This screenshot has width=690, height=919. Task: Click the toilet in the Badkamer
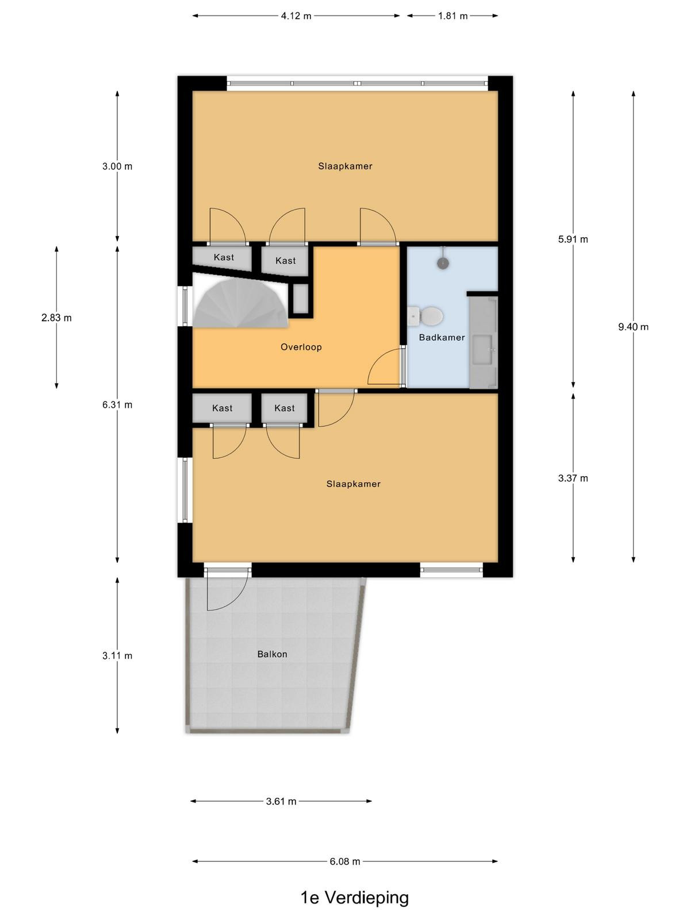click(425, 316)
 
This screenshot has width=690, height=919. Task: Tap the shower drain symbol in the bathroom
click(443, 263)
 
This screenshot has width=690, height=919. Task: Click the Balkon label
click(273, 654)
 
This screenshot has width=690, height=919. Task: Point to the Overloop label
click(301, 347)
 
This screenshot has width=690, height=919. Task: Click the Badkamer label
click(442, 337)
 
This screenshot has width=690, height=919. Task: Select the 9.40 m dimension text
click(633, 327)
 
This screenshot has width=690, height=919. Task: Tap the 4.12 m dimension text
click(296, 16)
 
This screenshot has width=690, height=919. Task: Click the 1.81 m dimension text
click(453, 16)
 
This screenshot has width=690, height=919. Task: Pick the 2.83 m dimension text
click(56, 318)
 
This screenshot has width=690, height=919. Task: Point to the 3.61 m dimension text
click(281, 801)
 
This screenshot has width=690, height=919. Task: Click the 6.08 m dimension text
click(345, 861)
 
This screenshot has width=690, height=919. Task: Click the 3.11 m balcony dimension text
click(117, 655)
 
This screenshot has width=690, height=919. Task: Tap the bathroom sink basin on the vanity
click(485, 349)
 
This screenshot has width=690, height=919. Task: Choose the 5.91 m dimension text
click(573, 239)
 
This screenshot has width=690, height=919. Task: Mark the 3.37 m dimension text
click(573, 478)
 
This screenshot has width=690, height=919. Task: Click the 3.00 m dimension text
click(117, 166)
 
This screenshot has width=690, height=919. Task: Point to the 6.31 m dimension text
click(117, 404)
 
